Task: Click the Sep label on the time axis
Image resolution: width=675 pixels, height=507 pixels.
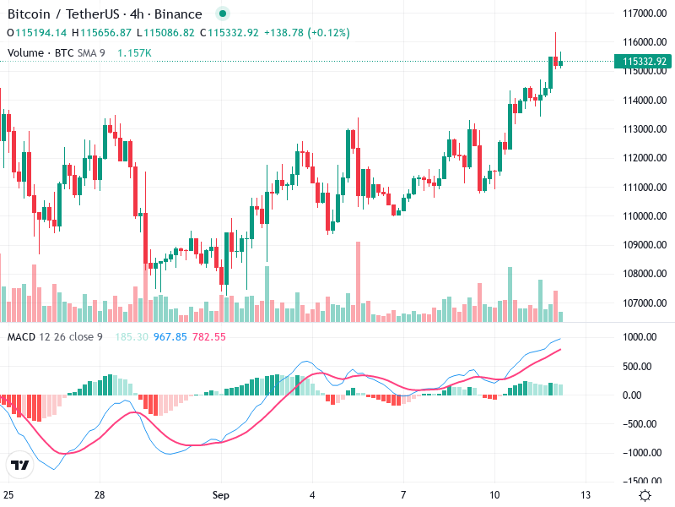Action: click(221, 494)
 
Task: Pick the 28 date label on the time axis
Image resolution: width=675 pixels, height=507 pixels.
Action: click(100, 494)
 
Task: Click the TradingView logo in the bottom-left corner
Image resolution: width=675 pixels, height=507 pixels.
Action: click(19, 465)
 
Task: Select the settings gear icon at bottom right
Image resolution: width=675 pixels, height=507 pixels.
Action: click(645, 495)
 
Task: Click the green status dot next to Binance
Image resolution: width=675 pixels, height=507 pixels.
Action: click(222, 14)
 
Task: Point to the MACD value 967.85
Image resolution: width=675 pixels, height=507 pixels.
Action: click(170, 337)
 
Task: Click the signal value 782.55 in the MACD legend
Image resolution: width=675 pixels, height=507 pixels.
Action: click(209, 337)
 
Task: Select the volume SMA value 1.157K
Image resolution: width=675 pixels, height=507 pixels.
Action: click(134, 52)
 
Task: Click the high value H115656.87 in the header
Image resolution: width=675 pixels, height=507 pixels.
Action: click(101, 33)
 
